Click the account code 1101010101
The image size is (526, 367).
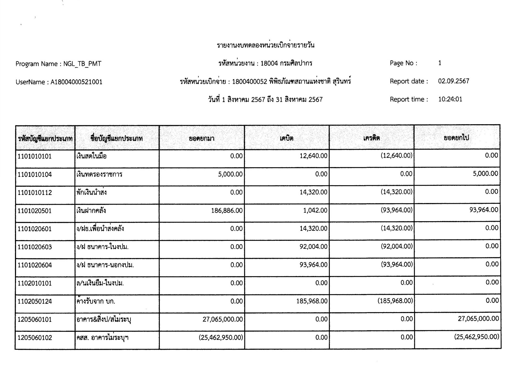click(35, 157)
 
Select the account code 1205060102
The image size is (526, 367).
click(35, 338)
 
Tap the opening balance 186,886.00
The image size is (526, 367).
click(227, 211)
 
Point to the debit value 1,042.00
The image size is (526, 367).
click(315, 210)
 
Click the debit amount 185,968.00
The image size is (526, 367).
click(312, 301)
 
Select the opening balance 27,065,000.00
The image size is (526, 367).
click(223, 319)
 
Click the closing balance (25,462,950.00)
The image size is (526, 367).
click(477, 337)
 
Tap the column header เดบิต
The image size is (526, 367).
click(286, 138)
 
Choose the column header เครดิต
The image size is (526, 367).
click(371, 138)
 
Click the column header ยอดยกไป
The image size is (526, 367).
click(456, 138)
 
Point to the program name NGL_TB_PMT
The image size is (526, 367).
click(82, 64)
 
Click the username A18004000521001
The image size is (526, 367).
click(76, 82)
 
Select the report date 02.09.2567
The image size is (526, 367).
click(454, 81)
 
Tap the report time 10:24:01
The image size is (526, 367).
click(450, 99)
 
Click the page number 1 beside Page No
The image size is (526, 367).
click(440, 63)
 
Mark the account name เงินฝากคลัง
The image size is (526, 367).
click(91, 211)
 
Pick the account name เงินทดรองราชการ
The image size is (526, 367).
click(99, 175)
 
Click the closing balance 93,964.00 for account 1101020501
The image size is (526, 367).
click(484, 210)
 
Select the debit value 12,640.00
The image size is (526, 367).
click(313, 156)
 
